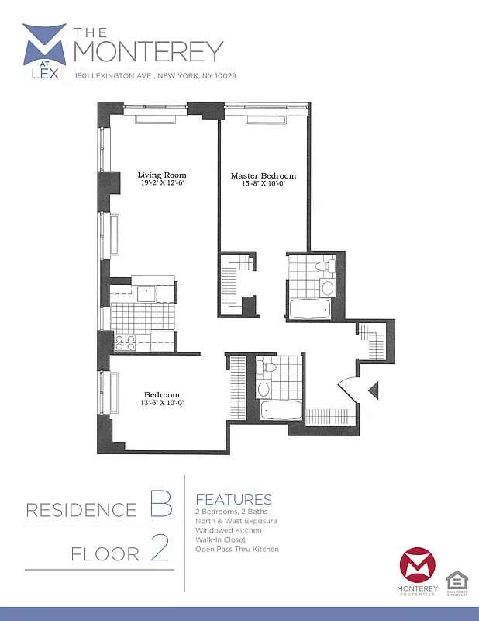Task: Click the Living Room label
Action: (162, 175)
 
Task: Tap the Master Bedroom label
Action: (263, 176)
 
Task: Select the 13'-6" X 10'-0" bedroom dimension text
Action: (161, 403)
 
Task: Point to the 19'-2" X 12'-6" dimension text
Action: (163, 184)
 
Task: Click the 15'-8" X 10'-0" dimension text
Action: (264, 185)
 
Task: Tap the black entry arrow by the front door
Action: (373, 391)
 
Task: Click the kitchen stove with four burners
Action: (126, 342)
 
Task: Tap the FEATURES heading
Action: (233, 499)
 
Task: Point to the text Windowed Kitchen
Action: (228, 530)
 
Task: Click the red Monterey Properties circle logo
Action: (417, 568)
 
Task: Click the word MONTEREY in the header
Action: (148, 50)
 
